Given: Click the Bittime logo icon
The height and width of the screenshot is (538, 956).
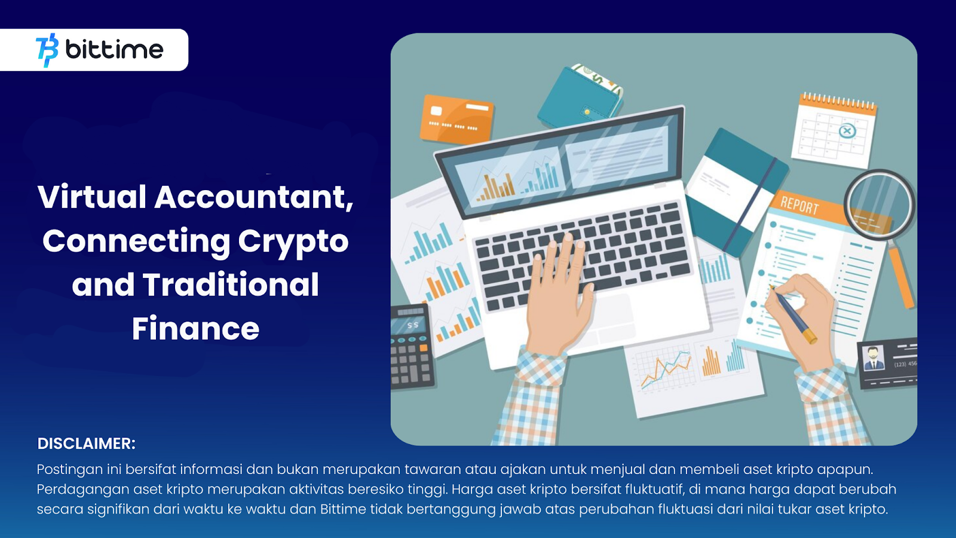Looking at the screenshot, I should [47, 50].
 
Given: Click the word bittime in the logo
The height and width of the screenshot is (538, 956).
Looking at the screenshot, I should [114, 50].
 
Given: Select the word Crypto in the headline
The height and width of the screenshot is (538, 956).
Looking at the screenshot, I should [293, 241].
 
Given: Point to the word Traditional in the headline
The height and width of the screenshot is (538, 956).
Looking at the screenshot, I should [231, 285].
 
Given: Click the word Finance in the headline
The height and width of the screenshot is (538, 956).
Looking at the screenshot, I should [195, 328].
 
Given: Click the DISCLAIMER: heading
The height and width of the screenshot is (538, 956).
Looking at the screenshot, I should [87, 444].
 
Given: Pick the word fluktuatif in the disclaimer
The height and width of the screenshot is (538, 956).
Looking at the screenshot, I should [654, 490].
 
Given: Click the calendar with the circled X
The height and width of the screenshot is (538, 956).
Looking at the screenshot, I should [835, 130].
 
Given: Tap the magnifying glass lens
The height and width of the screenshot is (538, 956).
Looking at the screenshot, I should [879, 204].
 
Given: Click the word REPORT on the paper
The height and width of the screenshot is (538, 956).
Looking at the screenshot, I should [799, 205].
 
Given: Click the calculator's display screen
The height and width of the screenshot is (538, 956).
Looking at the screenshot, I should [409, 325].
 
